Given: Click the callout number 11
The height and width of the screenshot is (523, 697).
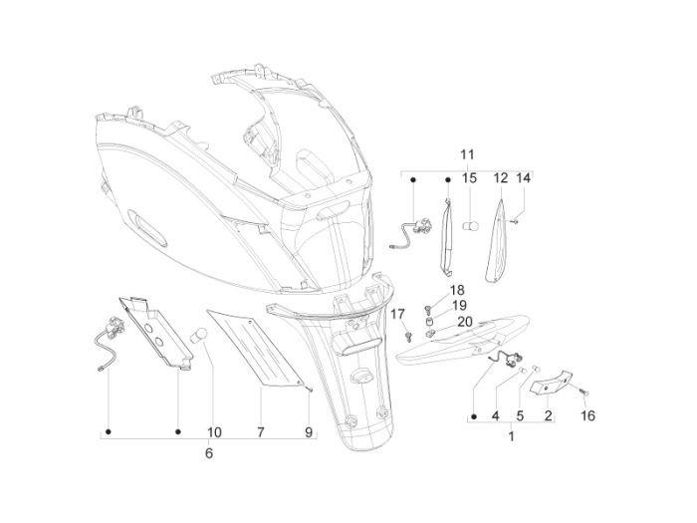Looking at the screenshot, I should coord(468,155).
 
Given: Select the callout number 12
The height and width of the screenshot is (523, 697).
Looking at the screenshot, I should coord(501,178).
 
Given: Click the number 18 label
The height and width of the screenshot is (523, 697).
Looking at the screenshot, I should coord(429,291).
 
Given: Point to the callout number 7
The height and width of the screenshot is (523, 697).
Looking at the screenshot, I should coord(260,432).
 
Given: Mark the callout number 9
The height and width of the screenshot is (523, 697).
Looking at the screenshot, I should coord(309,432).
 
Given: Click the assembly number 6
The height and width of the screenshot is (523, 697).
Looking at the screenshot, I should coord(208,453).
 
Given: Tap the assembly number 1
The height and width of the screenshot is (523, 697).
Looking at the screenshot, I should coord(511,436).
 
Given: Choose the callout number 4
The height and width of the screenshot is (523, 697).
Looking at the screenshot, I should coord(495,414).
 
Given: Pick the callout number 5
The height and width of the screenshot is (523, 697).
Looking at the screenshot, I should coord(519,414).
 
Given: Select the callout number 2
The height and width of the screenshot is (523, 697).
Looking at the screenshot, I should coord(547,414).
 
